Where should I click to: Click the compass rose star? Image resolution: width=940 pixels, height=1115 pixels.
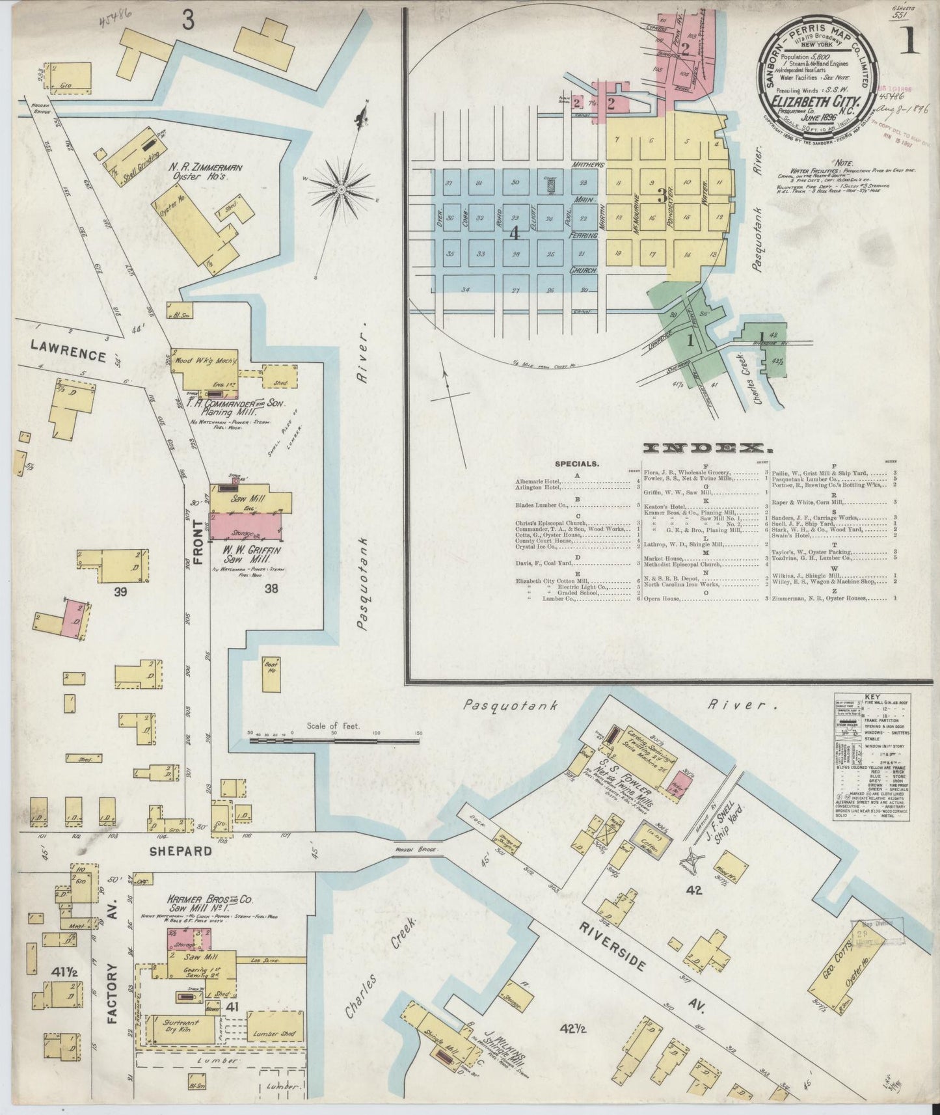340,188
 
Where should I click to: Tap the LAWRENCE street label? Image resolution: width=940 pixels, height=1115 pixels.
68,356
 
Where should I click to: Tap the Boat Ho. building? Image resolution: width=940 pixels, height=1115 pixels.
270,675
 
